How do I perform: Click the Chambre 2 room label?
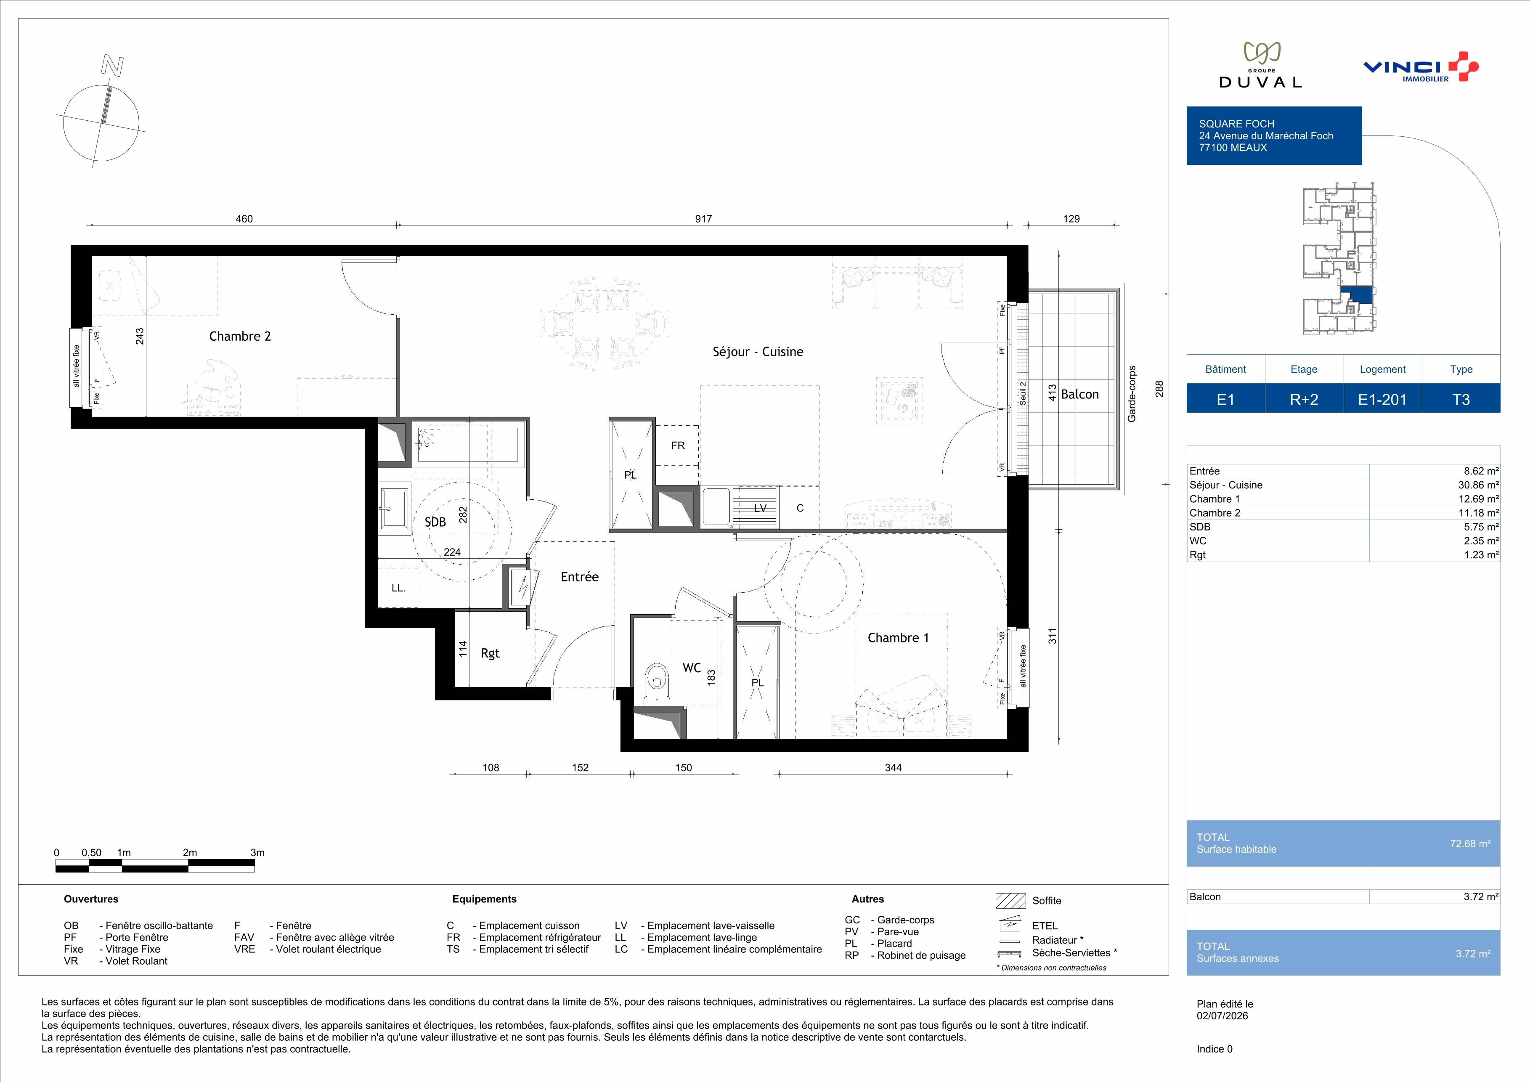click(x=240, y=337)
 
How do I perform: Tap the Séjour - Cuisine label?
click(x=758, y=352)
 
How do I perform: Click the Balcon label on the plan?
click(x=1079, y=395)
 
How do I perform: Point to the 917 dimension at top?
click(x=703, y=218)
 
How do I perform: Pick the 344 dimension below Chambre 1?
click(x=893, y=767)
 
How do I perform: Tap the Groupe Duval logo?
click(x=1260, y=65)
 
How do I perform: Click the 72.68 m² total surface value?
click(x=1470, y=843)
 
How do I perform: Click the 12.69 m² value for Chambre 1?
click(x=1478, y=499)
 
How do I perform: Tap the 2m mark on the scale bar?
click(x=190, y=853)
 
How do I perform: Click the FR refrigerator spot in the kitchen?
click(x=678, y=445)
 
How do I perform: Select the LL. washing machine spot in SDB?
click(x=398, y=588)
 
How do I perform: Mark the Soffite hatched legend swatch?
click(x=1010, y=901)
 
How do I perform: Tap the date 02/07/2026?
click(x=1222, y=1016)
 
